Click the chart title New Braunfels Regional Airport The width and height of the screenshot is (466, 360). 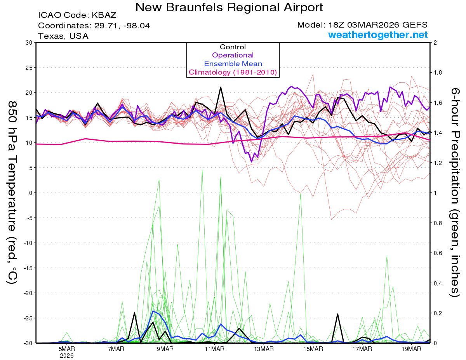pos(229,7)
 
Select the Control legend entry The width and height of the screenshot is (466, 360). pos(233,47)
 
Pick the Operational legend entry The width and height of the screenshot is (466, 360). pos(233,55)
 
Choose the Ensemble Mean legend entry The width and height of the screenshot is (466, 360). pos(233,64)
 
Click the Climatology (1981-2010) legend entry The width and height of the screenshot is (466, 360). pos(233,72)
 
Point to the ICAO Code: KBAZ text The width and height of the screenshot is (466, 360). pos(77,16)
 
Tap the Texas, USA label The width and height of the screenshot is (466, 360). pos(63,36)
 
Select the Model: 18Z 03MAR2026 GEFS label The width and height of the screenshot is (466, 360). pos(362,25)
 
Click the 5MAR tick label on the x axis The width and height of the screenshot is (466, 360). pos(67,349)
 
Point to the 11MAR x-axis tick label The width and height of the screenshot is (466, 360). pos(214,349)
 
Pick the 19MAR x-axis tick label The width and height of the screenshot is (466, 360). pos(411,349)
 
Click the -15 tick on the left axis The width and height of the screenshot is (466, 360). pos(27,268)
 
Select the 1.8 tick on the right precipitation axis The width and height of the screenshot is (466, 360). pos(438,73)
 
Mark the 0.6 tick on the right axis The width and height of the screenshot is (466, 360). pos(438,253)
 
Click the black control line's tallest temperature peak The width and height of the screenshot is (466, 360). pos(221,87)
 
